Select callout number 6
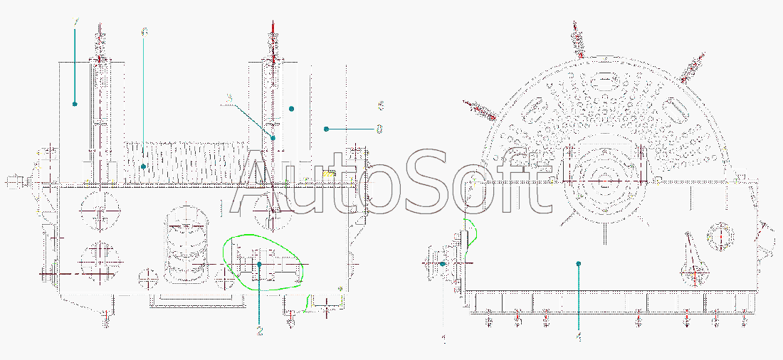tap(144, 33)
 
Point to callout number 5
tap(381, 106)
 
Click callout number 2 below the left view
tap(260, 331)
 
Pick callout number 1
tap(444, 340)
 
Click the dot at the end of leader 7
tap(75, 104)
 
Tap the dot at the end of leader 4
tap(579, 263)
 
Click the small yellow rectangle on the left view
tap(329, 173)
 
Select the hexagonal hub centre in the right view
tap(604, 181)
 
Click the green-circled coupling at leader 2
tap(261, 264)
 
